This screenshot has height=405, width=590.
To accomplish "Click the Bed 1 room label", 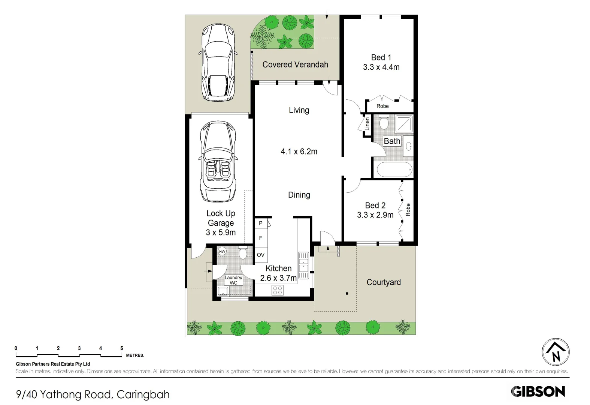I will click(x=381, y=58).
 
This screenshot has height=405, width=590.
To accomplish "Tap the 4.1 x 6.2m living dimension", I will click(x=299, y=151).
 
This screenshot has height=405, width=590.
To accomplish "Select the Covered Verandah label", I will click(x=295, y=64).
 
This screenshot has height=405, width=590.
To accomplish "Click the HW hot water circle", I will click(x=222, y=252).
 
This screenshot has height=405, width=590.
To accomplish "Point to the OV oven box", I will click(x=261, y=255).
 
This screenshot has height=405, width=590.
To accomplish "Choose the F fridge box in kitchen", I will click(x=261, y=238).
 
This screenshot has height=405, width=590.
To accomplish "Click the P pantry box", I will click(x=261, y=223).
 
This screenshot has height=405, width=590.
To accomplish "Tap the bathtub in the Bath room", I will click(x=394, y=169).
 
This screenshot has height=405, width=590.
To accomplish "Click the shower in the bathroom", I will click(x=404, y=124).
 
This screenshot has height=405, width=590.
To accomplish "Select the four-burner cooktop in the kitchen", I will click(x=278, y=290).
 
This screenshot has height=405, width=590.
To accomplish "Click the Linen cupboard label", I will click(x=367, y=124).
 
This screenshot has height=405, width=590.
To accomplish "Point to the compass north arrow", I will click(x=556, y=352).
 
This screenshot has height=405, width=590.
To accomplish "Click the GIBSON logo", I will click(x=538, y=391).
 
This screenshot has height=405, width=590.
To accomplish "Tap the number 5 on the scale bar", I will click(x=121, y=348).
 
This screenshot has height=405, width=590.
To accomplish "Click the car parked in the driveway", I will click(x=218, y=63).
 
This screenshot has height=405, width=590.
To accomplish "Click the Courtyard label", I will click(x=384, y=282).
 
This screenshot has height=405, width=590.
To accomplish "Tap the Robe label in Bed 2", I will click(x=408, y=210).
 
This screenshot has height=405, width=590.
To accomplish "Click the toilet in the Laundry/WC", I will click(x=243, y=253).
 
